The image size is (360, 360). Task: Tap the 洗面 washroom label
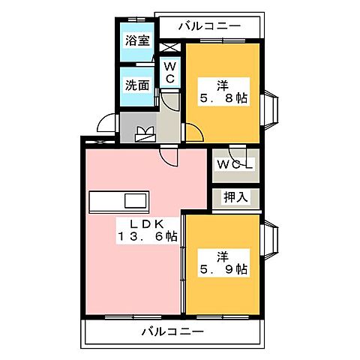point(136,84)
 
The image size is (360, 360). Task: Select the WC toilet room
point(169,73)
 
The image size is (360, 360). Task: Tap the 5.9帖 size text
point(223,268)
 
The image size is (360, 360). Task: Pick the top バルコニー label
point(210,27)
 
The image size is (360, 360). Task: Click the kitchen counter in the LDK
point(119,202)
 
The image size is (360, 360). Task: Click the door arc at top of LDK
point(173,155)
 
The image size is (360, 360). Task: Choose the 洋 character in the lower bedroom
point(223,253)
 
